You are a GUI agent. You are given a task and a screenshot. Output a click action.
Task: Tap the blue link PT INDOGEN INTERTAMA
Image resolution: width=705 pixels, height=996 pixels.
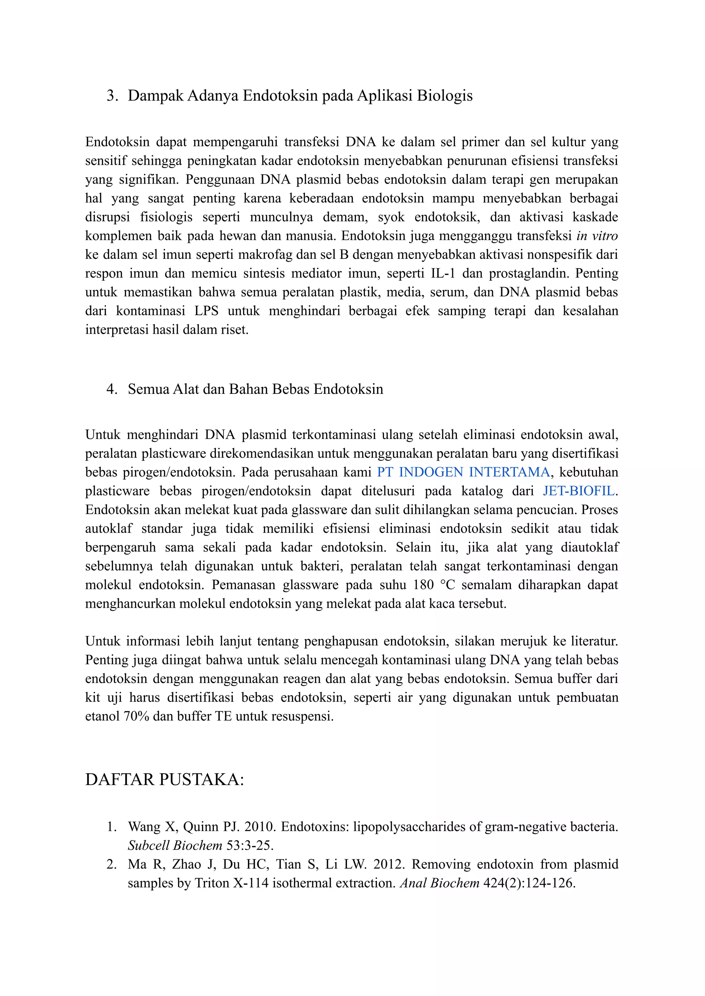pos(463,472)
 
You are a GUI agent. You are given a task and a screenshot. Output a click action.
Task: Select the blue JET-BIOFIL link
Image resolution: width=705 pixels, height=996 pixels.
pos(579,491)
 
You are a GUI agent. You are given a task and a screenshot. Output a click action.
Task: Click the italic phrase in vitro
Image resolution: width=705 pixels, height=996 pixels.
pos(597,236)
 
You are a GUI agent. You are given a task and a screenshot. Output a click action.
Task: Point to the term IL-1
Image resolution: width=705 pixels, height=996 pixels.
pos(443,274)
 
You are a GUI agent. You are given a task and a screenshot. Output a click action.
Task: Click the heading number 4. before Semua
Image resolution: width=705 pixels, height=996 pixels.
pos(112,389)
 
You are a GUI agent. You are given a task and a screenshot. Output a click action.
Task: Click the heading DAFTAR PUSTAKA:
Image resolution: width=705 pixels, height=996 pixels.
pos(165,779)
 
